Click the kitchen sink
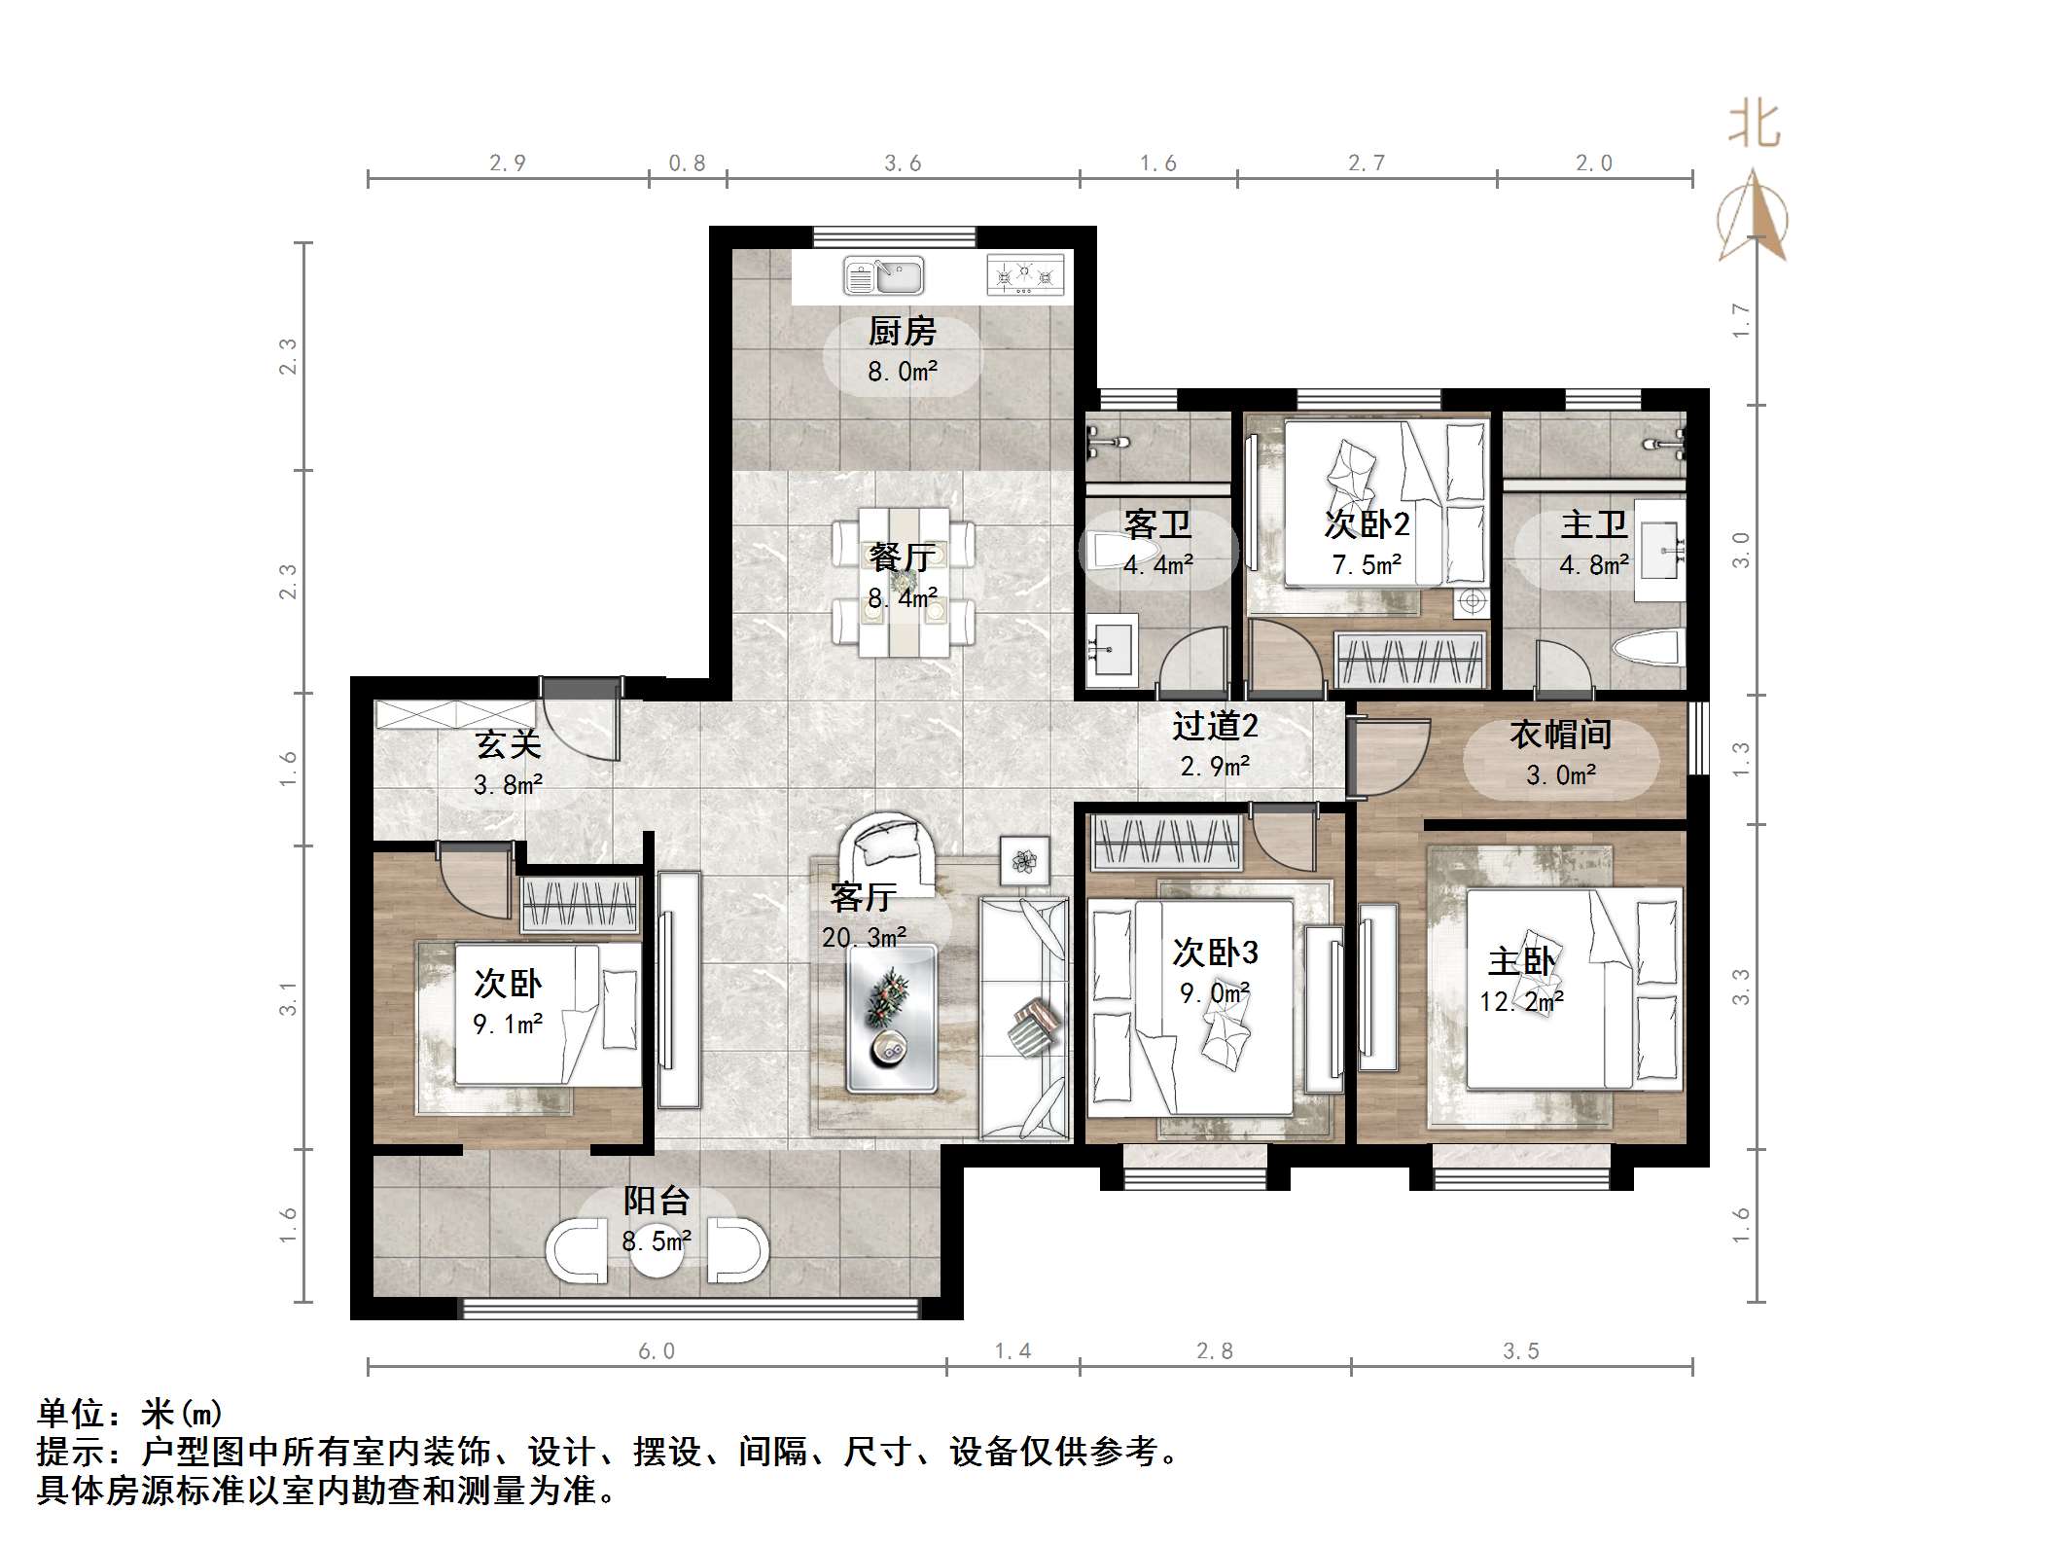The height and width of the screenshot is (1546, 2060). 883,276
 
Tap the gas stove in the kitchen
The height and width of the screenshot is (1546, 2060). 1024,275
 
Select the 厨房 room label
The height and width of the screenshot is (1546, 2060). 903,332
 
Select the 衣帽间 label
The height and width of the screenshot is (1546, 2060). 1560,735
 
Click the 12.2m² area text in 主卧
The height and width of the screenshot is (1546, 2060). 1521,1001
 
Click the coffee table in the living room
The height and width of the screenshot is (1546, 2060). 891,1018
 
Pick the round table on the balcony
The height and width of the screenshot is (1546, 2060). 657,1250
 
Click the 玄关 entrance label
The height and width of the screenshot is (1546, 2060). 508,745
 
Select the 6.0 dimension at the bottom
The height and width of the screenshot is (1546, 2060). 657,1350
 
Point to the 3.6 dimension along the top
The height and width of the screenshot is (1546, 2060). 903,163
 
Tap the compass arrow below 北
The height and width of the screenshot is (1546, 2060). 1753,217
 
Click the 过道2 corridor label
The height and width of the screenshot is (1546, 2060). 1215,726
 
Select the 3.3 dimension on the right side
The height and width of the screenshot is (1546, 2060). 1741,987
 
